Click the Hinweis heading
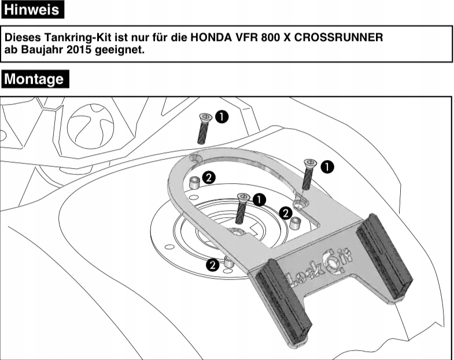pos(32,10)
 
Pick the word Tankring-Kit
pos(73,38)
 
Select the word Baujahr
pos(38,50)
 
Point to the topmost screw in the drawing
pos(204,128)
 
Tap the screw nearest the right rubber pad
pos(307,175)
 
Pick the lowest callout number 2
pos(212,265)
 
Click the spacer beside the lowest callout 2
pos(229,262)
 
